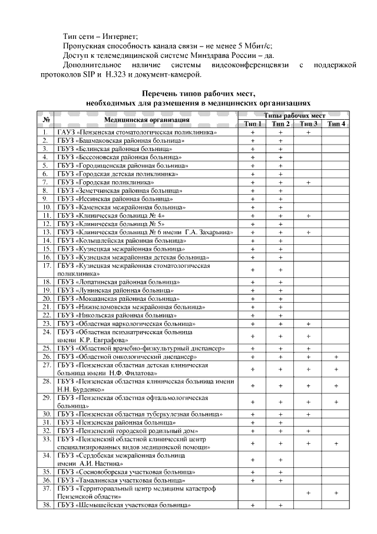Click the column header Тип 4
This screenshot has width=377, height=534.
coord(336,124)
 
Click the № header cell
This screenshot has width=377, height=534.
coord(46,120)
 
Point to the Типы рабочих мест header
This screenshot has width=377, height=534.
coord(294,116)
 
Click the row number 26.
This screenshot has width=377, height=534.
coord(45,357)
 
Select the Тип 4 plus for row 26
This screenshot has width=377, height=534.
coord(336,357)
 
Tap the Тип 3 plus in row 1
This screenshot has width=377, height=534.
coord(308,133)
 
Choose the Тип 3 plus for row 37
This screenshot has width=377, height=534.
coord(308,493)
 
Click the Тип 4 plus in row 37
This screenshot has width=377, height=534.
coord(336,493)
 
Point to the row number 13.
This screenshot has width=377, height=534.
coord(45,232)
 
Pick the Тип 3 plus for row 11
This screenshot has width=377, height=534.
coord(308,216)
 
